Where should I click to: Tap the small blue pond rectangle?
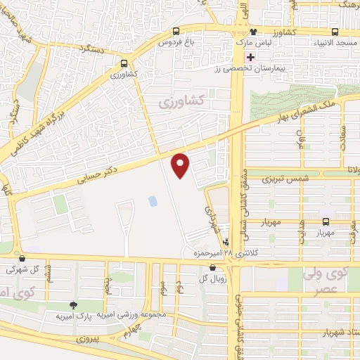tap(153, 201)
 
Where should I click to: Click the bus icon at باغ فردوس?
tap(175, 31)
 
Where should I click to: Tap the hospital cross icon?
tap(250, 56)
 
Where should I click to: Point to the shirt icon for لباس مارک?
tap(253, 32)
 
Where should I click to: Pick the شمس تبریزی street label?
tap(285, 179)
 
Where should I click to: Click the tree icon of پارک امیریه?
tap(72, 305)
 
